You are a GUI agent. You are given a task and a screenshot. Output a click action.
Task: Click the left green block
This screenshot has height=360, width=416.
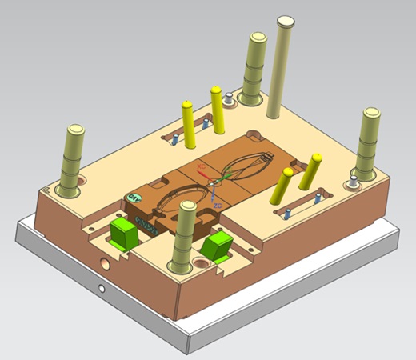tap(124, 234)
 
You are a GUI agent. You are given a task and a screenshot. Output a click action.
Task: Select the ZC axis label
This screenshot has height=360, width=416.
tap(217, 205)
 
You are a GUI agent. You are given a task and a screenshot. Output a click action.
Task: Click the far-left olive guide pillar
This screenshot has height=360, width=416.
tap(74, 160)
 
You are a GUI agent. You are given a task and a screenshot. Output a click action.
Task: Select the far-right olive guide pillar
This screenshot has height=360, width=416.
tap(369, 144)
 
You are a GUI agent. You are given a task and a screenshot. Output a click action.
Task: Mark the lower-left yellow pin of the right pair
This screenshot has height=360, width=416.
tap(283, 186)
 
